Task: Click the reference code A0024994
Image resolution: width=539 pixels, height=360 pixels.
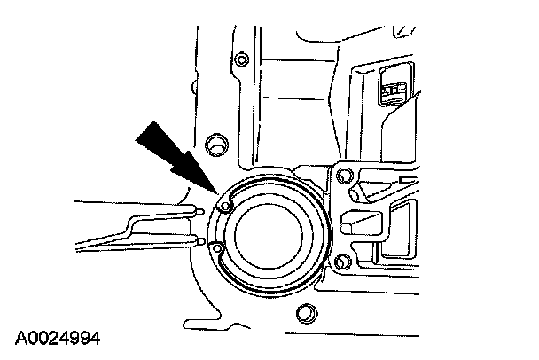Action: (x=58, y=338)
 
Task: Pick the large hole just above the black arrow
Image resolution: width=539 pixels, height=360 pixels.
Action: (x=214, y=143)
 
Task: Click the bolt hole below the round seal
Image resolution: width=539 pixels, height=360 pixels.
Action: (x=306, y=310)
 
